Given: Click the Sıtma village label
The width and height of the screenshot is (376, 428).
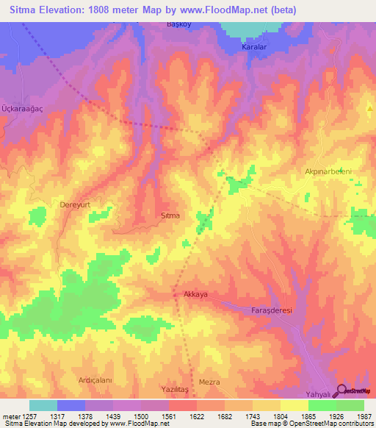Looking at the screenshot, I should coord(170,216).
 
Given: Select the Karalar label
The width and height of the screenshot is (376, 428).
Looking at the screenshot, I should coord(254,47).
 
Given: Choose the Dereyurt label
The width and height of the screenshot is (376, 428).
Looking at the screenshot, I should coord(75,207).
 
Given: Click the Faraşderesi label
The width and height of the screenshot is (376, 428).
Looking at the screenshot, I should coord(267,310).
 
